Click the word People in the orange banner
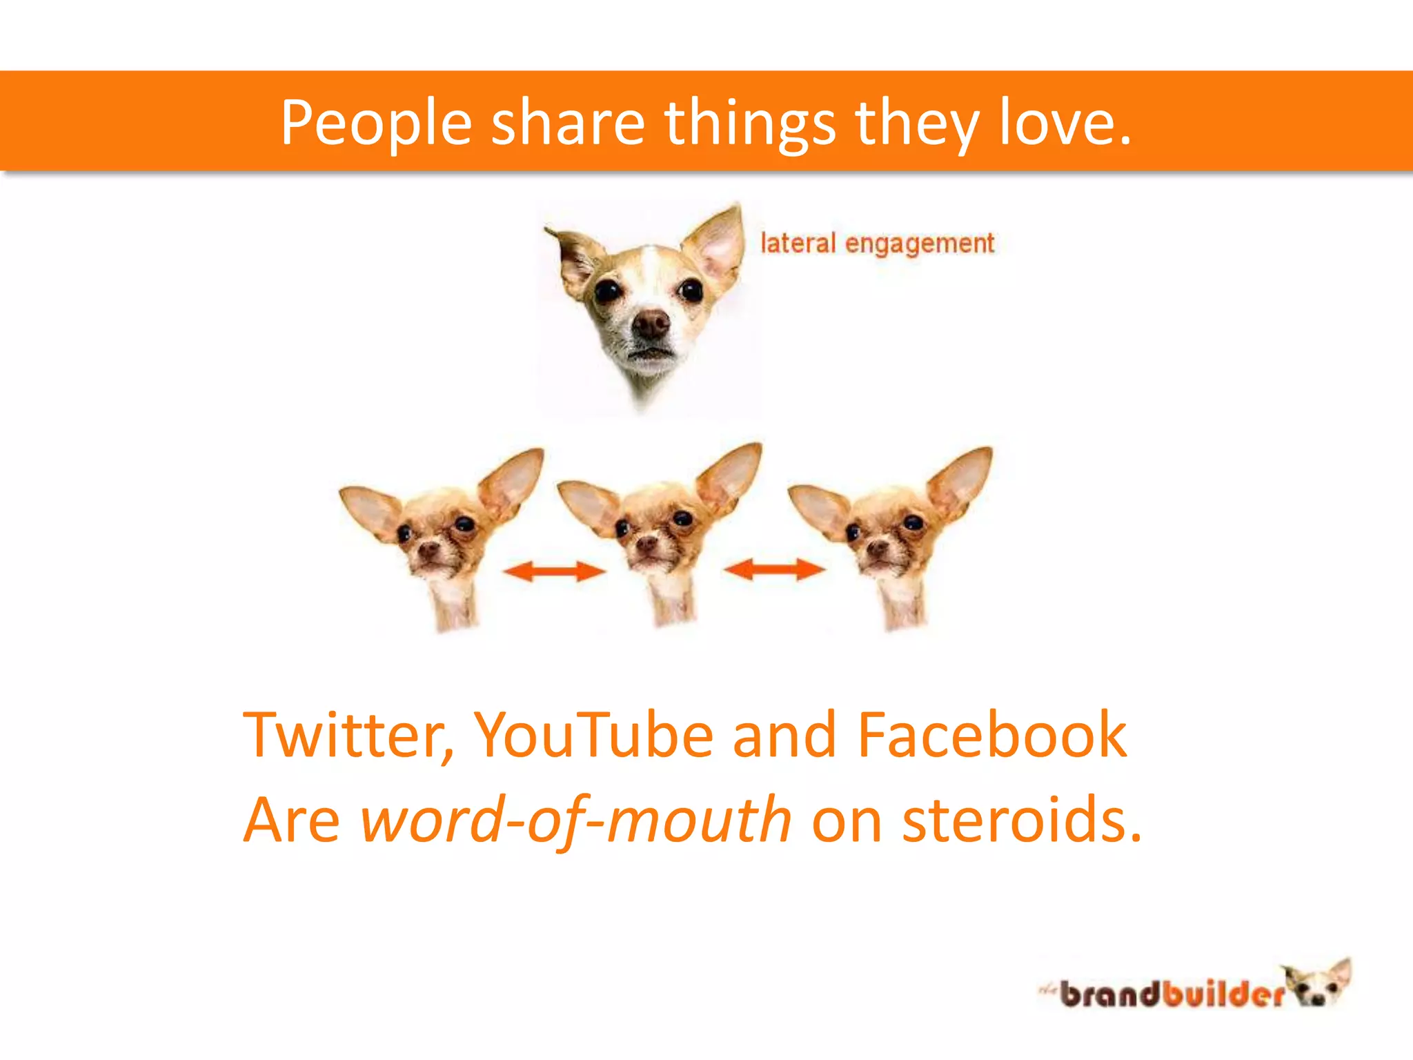(x=376, y=122)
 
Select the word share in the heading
(x=567, y=122)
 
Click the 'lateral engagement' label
(x=877, y=244)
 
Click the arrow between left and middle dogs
(x=553, y=571)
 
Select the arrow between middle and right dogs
(x=773, y=569)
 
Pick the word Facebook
(x=991, y=735)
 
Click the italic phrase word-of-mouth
(x=576, y=821)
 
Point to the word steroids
(x=1021, y=821)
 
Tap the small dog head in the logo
(x=1318, y=983)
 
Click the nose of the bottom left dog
(x=428, y=550)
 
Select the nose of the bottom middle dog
(x=646, y=544)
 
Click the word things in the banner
(x=750, y=122)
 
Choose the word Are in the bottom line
(x=292, y=821)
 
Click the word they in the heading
(x=918, y=122)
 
